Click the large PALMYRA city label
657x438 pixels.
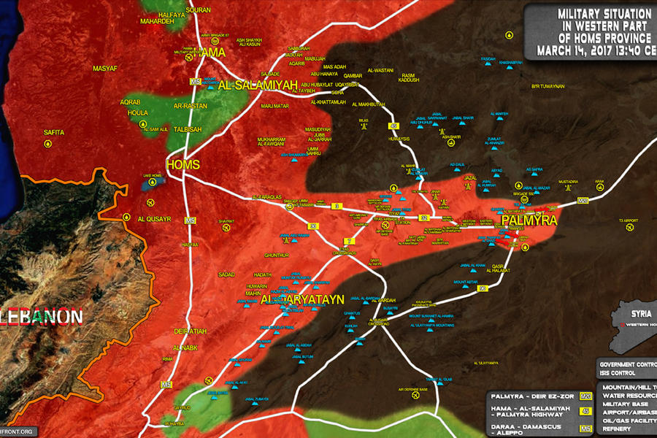coord(529,220)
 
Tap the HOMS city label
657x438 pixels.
coord(182,165)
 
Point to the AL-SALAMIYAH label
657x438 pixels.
coord(257,85)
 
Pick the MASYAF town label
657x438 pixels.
coord(105,68)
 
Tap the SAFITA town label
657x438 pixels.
coord(54,132)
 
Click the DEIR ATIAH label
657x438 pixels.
coord(191,331)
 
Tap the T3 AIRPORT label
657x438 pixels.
coord(628,220)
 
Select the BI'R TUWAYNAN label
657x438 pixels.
coord(548,86)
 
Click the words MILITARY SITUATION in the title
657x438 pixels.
coord(604,14)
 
